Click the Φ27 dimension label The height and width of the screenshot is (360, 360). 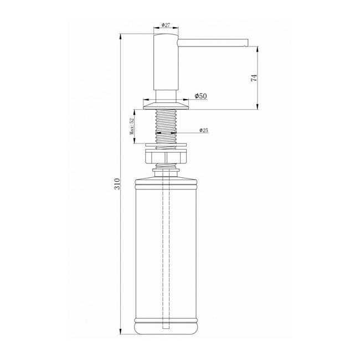pos(166,25)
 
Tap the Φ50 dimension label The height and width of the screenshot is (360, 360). pos(200,96)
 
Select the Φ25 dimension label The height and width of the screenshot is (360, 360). pos(204,130)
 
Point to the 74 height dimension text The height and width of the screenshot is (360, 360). pos(254,78)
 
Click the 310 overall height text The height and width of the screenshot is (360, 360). pos(117,184)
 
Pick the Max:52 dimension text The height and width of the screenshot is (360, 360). pos(132,127)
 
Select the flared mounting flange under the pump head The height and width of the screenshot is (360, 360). pos(166,106)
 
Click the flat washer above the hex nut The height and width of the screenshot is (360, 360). pos(166,145)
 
